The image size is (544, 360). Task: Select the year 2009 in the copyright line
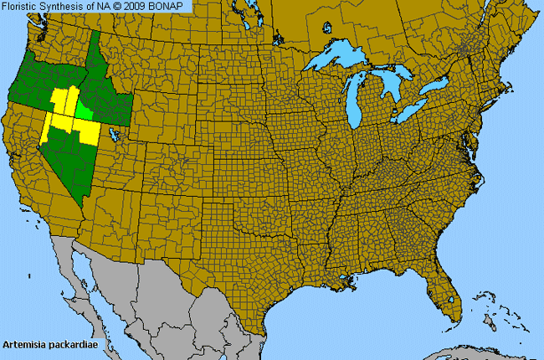click(x=141, y=6)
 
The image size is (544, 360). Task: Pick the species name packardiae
click(x=70, y=344)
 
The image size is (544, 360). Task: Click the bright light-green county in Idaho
click(x=85, y=110)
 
